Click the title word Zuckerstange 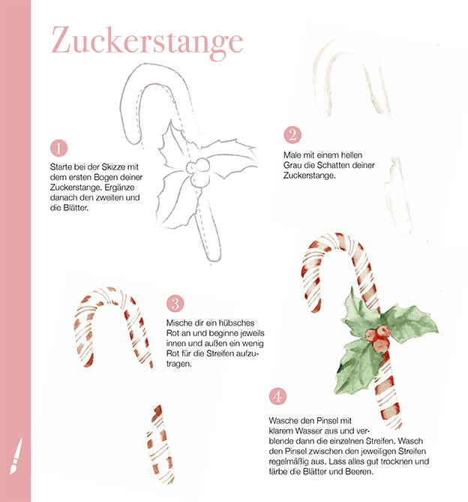click(x=147, y=41)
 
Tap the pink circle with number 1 click(x=58, y=149)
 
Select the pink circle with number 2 click(x=292, y=135)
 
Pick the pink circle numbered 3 click(x=175, y=303)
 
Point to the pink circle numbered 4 click(x=277, y=396)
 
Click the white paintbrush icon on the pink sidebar click(x=16, y=456)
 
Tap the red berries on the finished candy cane click(x=378, y=339)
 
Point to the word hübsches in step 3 click(x=236, y=323)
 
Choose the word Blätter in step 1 click(x=76, y=208)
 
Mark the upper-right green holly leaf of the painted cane click(x=411, y=323)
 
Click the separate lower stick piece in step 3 click(x=160, y=443)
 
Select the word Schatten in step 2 click(x=337, y=165)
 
